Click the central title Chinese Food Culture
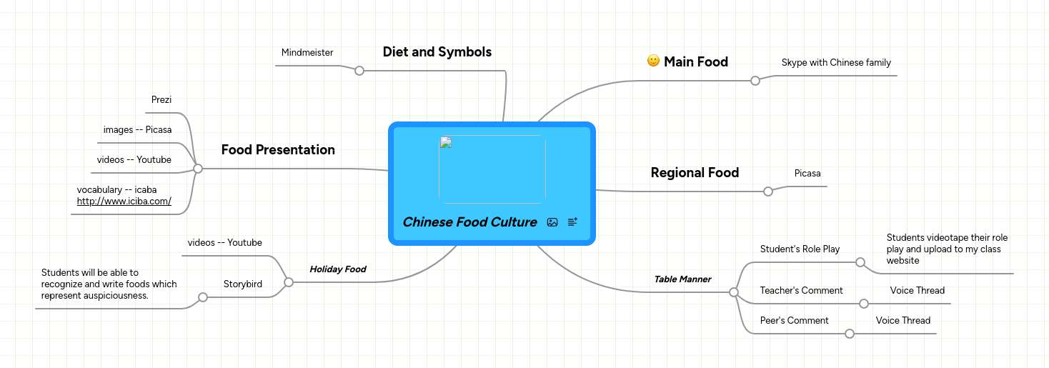pyautogui.click(x=469, y=222)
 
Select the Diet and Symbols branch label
pyautogui.click(x=437, y=52)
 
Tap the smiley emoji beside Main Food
pyautogui.click(x=653, y=61)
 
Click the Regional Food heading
pyautogui.click(x=695, y=173)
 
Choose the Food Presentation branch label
pyautogui.click(x=278, y=150)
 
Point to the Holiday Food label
pyautogui.click(x=337, y=269)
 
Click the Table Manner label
pyautogui.click(x=682, y=279)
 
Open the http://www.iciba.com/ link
pyautogui.click(x=124, y=202)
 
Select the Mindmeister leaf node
pyautogui.click(x=307, y=53)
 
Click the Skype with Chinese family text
pyautogui.click(x=836, y=63)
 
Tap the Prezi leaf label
pyautogui.click(x=161, y=100)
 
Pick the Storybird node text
pyautogui.click(x=242, y=284)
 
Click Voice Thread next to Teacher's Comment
pyautogui.click(x=917, y=291)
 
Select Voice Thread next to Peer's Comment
pyautogui.click(x=903, y=321)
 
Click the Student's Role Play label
pyautogui.click(x=800, y=249)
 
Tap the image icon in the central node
pyautogui.click(x=552, y=222)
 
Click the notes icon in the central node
pyautogui.click(x=572, y=222)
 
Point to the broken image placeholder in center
pyautogui.click(x=492, y=169)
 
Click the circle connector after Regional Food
pyautogui.click(x=768, y=192)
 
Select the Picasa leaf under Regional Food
pyautogui.click(x=807, y=174)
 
